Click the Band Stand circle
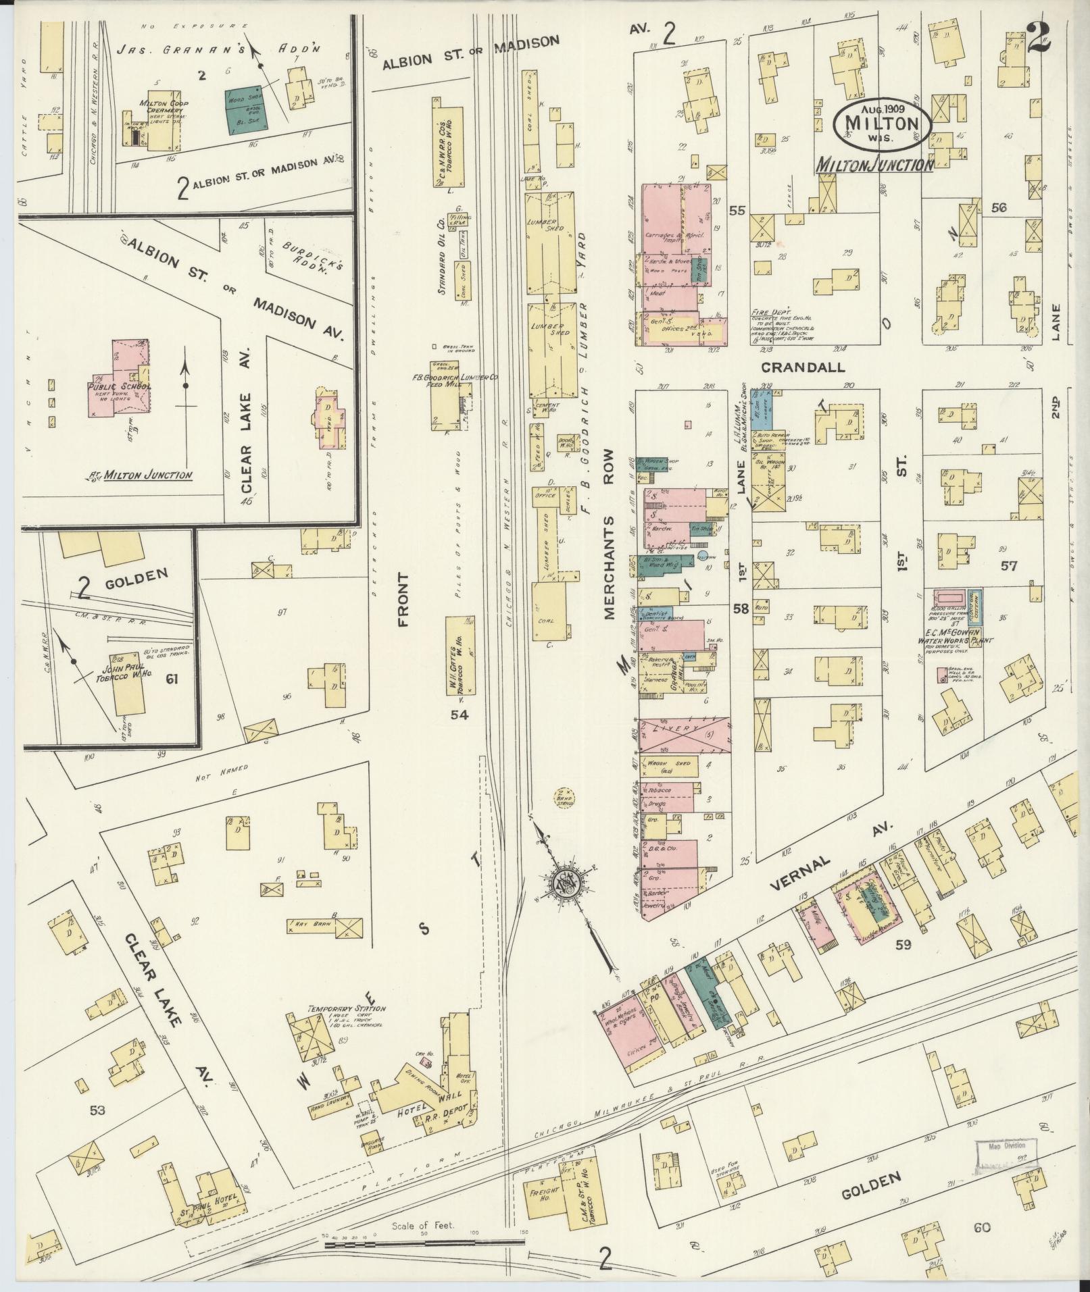coord(563,798)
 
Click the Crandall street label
coord(803,367)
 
